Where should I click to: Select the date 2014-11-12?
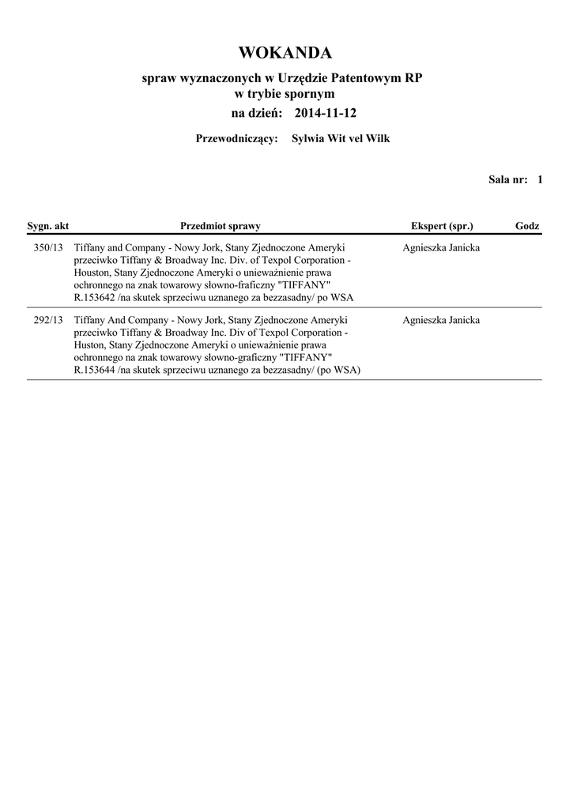point(325,114)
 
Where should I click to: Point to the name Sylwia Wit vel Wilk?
point(341,139)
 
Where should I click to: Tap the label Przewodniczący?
point(236,139)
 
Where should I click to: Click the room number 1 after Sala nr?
point(540,180)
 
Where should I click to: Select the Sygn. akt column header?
point(48,227)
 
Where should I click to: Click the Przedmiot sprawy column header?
point(220,227)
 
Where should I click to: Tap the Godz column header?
point(527,227)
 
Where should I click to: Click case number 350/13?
point(48,248)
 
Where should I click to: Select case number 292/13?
point(48,321)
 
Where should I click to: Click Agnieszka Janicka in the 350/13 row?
point(440,248)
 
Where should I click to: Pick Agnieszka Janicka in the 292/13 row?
point(440,321)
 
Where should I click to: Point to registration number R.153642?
point(94,297)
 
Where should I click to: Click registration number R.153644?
point(94,370)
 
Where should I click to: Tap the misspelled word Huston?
point(90,345)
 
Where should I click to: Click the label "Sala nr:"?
point(507,180)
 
